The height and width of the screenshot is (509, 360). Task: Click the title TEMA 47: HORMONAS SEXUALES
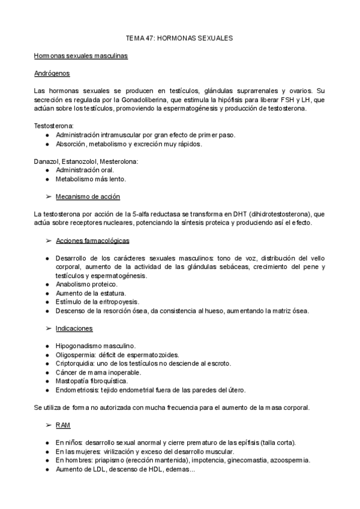(x=179, y=38)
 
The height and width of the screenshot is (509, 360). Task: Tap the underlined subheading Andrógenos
(x=52, y=74)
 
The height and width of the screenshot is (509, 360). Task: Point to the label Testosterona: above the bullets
(x=54, y=126)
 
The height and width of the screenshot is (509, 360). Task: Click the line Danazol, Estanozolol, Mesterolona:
(x=87, y=161)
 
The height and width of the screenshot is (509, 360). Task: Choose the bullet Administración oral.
(x=85, y=170)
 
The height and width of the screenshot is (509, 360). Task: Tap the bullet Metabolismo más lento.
(x=91, y=179)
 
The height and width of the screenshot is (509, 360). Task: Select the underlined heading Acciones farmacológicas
(x=92, y=240)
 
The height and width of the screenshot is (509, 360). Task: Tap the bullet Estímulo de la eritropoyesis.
(x=97, y=301)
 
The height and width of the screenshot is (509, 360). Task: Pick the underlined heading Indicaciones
(x=74, y=328)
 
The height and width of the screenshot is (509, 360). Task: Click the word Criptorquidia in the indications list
(x=75, y=364)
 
